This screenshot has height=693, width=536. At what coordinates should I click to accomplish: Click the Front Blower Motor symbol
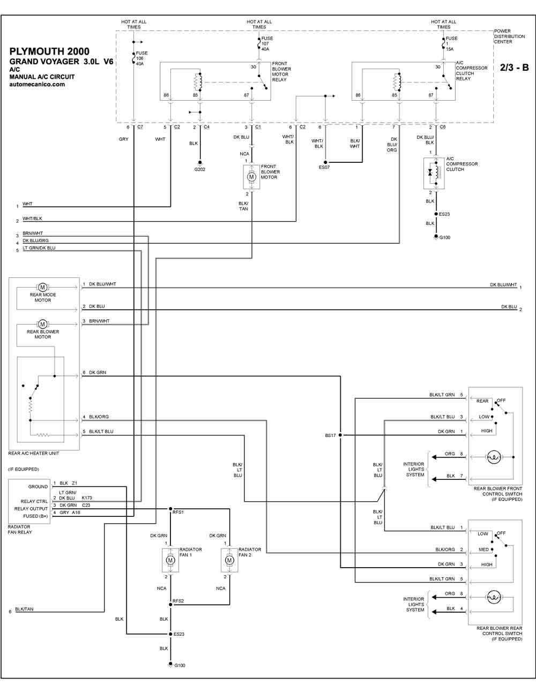coord(251,177)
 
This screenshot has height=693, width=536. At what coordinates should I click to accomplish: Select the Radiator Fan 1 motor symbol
coord(170,560)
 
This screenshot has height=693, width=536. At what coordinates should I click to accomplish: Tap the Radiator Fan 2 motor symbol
coord(229,560)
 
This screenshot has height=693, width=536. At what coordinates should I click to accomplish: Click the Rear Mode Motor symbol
coord(42,288)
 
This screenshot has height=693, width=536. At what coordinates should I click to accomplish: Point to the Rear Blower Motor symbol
coord(42,325)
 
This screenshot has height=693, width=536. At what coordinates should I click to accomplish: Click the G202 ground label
coord(200,169)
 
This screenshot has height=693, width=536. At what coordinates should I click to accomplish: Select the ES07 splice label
coord(324,167)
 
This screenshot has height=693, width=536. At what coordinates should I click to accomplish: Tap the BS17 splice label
coord(331,435)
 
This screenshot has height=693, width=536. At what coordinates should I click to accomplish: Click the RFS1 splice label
coord(178,512)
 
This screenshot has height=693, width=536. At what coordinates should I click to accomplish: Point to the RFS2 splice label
coord(178,601)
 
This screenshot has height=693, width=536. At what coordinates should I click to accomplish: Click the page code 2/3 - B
coord(514,67)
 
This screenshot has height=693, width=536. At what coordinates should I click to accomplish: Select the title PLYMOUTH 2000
coord(49,51)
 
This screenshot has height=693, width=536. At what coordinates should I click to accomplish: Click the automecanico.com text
coord(37,85)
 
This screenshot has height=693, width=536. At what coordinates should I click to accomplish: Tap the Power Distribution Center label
coord(509,36)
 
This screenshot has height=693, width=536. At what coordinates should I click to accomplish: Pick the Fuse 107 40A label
coord(265,44)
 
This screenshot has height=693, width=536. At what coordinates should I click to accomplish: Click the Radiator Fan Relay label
coord(20,530)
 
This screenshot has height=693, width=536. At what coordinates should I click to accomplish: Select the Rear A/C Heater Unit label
coord(34,453)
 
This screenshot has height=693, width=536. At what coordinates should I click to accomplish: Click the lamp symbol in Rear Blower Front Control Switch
coord(494,457)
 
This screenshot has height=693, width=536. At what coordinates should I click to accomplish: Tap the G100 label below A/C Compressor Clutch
coord(445,237)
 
